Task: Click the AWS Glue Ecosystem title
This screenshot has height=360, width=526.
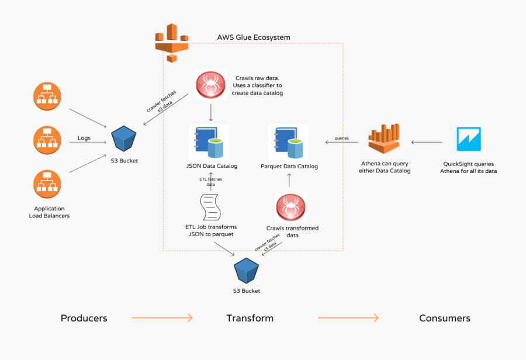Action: coord(254,37)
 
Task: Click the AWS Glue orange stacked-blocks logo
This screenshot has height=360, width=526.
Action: coord(172,42)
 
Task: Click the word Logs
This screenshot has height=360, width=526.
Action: coord(84,139)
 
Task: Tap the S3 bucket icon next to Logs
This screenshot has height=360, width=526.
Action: coord(124,139)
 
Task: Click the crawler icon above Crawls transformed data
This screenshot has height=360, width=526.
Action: coord(290,207)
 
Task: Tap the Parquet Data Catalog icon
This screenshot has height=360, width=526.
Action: coord(288,142)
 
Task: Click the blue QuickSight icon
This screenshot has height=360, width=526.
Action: coord(469,139)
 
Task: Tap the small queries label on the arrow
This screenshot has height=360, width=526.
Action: coord(342,138)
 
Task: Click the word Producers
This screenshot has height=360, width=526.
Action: coord(84,318)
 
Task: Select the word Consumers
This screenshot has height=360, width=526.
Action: coord(444,318)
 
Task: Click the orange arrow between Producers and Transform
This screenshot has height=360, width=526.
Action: coord(162,318)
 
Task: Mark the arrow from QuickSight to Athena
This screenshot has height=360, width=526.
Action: coord(426,142)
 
